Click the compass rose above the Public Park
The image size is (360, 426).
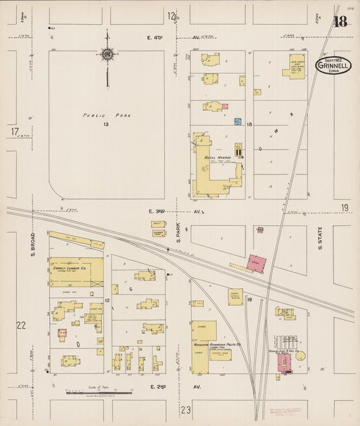coord(107,54)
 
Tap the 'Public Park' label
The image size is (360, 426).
coord(107,116)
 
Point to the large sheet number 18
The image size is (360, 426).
coord(340,22)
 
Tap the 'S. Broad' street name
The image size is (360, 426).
coord(32,245)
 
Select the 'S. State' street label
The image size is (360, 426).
coord(320,237)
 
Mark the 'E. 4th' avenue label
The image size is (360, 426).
coord(157,38)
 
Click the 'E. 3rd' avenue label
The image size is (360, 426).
coord(157,212)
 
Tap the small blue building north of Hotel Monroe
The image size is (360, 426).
coord(238,122)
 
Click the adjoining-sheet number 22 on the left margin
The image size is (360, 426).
coord(21,325)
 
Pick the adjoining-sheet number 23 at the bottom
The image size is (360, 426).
coord(186,410)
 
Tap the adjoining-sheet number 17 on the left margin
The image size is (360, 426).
coord(14,131)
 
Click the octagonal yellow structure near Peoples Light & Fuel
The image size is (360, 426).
coord(300,356)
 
